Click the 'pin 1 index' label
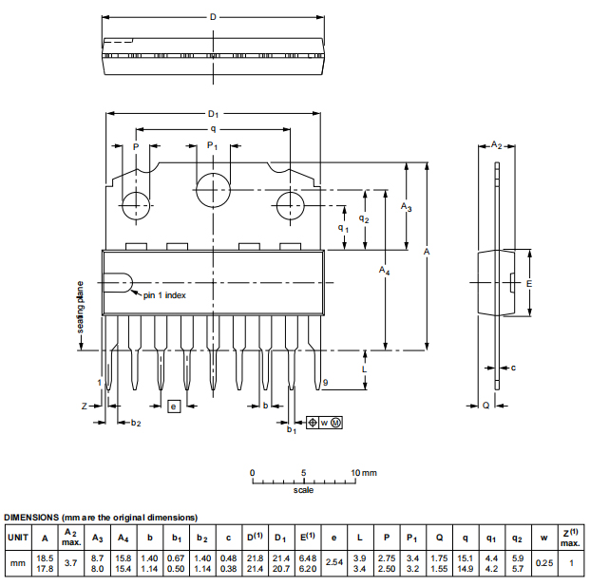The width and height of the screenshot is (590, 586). tap(164, 295)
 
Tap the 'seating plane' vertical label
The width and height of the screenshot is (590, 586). tap(81, 312)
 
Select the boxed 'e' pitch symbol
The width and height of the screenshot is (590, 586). tap(173, 406)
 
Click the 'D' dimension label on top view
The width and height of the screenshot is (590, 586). tap(213, 17)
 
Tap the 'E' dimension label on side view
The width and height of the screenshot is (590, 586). tap(529, 284)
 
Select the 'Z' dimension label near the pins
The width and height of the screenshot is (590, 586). tap(85, 406)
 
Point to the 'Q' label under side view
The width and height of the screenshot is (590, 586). tap(485, 405)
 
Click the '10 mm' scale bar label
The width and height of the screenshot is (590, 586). tap(363, 472)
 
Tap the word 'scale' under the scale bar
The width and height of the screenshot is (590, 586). tap(303, 490)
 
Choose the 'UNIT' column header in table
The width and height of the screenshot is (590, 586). tap(18, 538)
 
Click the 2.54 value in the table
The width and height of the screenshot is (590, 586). tap(333, 562)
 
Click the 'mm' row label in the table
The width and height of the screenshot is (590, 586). tap(18, 562)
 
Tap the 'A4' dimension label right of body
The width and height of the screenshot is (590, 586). tap(384, 272)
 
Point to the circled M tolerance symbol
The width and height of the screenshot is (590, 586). tap(335, 421)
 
